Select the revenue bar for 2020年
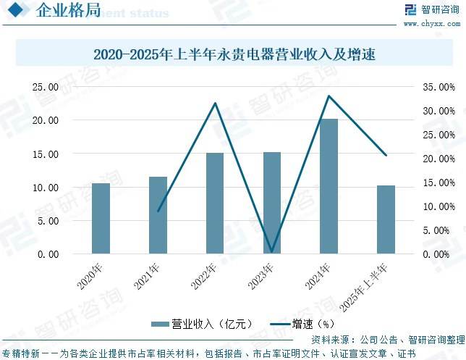click(x=101, y=219)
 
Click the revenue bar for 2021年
click(x=158, y=215)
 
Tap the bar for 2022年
click(x=215, y=204)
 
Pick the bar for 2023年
click(x=272, y=203)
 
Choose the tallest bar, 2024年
click(x=329, y=186)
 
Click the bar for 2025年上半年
click(x=386, y=219)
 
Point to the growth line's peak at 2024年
click(x=329, y=96)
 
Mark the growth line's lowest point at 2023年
click(x=272, y=252)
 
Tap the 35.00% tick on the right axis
click(x=438, y=87)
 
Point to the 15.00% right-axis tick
click(x=438, y=183)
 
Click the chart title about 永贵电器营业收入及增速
click(x=233, y=54)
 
